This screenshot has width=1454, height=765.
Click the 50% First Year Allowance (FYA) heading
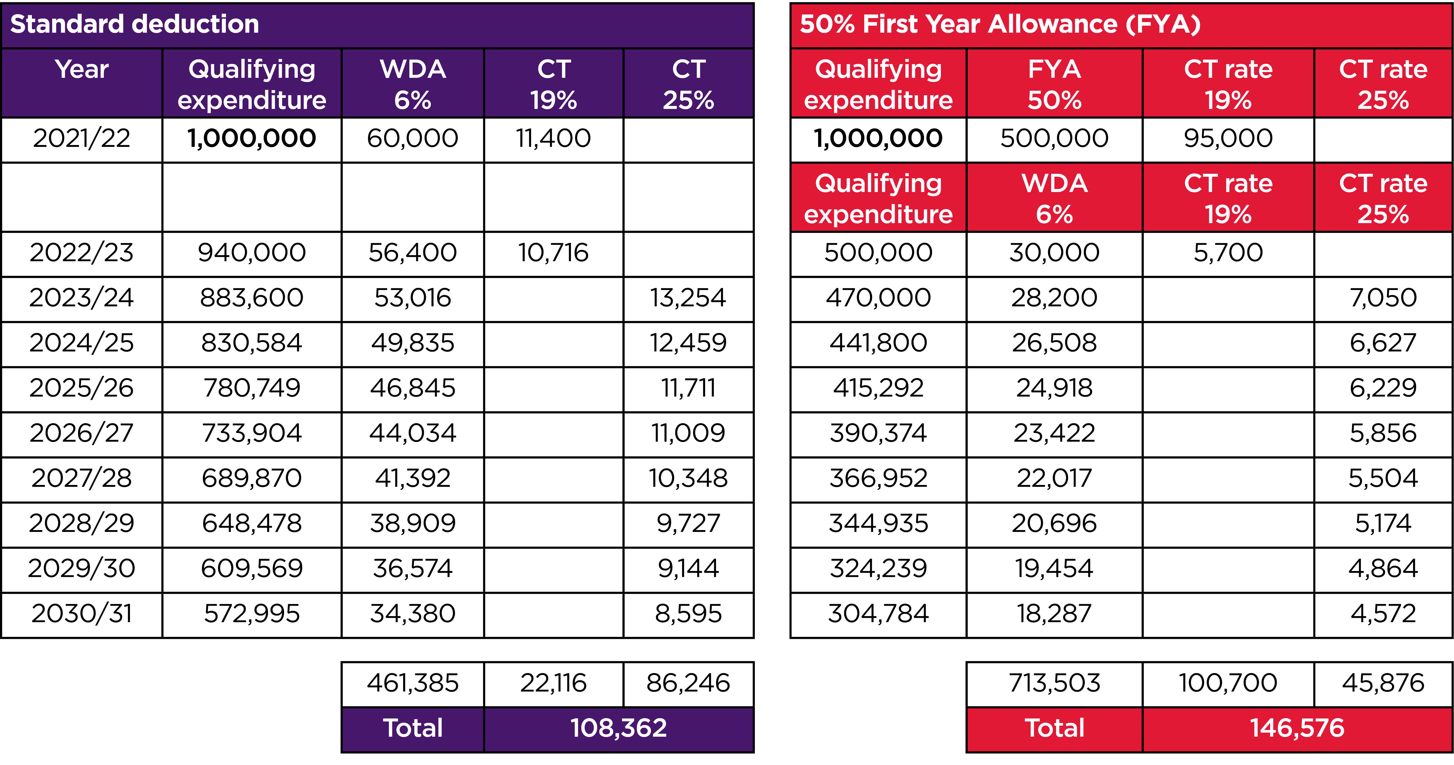[1000, 24]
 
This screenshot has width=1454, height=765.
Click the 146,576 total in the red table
[1297, 728]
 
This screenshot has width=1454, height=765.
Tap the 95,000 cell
[1228, 138]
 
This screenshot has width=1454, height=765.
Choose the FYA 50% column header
[1054, 85]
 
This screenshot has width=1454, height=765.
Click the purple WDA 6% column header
[413, 85]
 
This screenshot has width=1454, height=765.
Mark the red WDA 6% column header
[1054, 199]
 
